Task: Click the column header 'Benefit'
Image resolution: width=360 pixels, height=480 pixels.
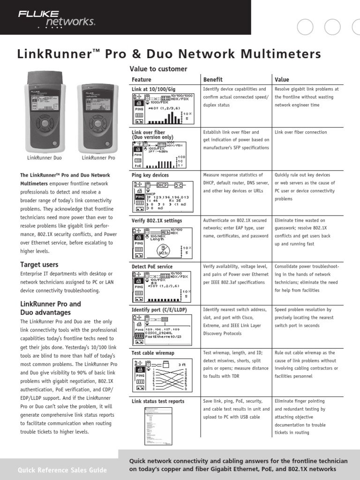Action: [x=213, y=79]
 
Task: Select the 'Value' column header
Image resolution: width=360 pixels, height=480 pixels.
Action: [x=282, y=79]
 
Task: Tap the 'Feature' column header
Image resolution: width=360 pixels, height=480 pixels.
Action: [x=141, y=79]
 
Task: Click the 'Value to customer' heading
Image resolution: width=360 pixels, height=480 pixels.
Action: [x=158, y=69]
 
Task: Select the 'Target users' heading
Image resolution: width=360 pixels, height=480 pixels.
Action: [x=39, y=264]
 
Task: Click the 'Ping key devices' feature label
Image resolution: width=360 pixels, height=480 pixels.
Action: [x=150, y=175]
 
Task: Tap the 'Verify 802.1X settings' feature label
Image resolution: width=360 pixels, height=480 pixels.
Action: [x=157, y=220]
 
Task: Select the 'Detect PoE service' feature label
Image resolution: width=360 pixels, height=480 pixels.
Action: [x=152, y=266]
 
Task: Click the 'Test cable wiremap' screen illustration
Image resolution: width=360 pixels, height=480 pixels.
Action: [x=162, y=375]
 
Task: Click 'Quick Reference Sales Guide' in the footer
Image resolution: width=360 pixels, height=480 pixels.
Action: [x=62, y=470]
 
